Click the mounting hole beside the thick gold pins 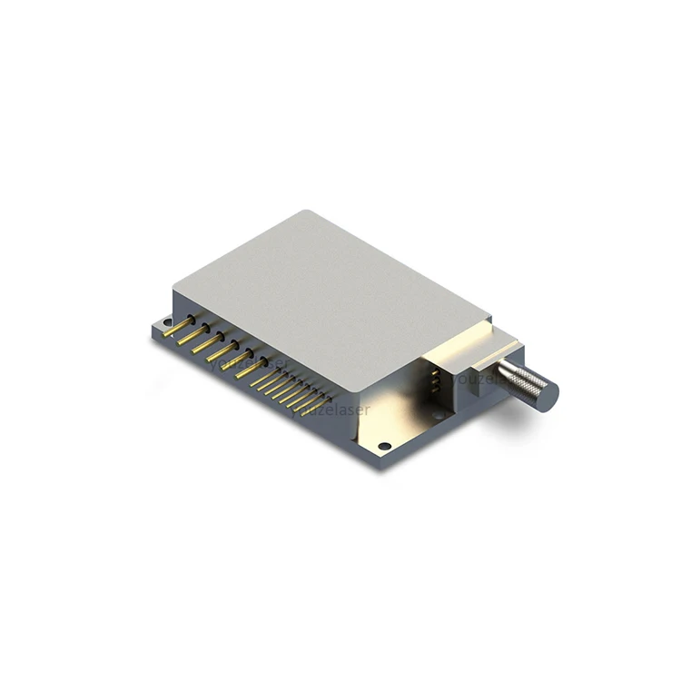click(164, 323)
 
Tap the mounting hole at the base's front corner click(384, 446)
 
